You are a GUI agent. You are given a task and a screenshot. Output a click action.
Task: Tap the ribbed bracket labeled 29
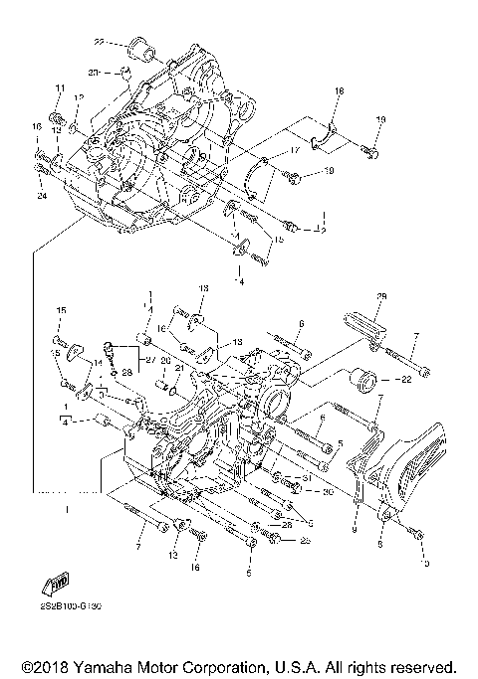pos(360,323)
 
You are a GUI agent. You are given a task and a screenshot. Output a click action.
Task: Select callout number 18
pos(339,91)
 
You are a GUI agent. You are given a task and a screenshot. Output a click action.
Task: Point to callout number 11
pos(59,89)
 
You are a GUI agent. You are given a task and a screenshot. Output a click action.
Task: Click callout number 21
pos(178,367)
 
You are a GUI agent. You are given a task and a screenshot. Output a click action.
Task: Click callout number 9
pos(354,531)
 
